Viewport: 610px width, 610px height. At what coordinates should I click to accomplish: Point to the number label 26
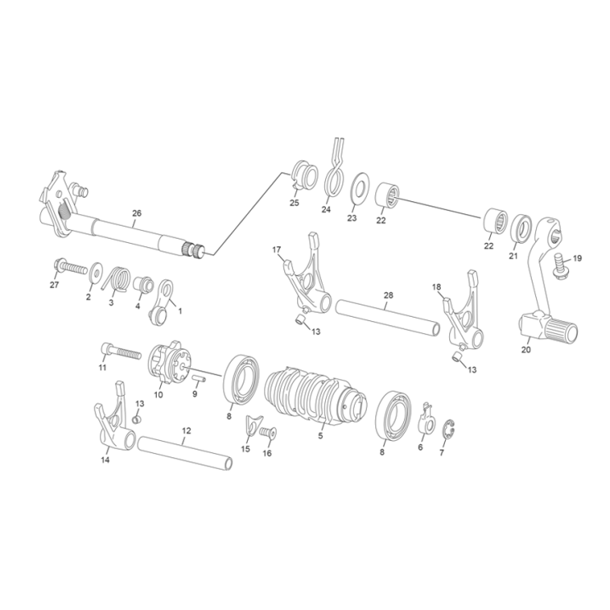(x=136, y=213)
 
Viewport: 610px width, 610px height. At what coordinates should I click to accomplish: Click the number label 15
(x=246, y=449)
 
